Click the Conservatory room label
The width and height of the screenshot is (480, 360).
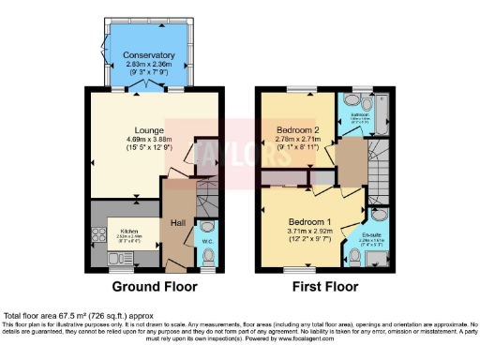click(149, 55)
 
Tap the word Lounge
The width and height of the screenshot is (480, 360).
click(149, 130)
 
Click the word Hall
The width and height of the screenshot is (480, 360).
click(177, 222)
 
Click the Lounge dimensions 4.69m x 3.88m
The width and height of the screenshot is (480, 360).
click(149, 141)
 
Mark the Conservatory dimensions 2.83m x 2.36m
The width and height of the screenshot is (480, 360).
click(149, 65)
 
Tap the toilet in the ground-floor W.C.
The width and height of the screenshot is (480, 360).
click(208, 232)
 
